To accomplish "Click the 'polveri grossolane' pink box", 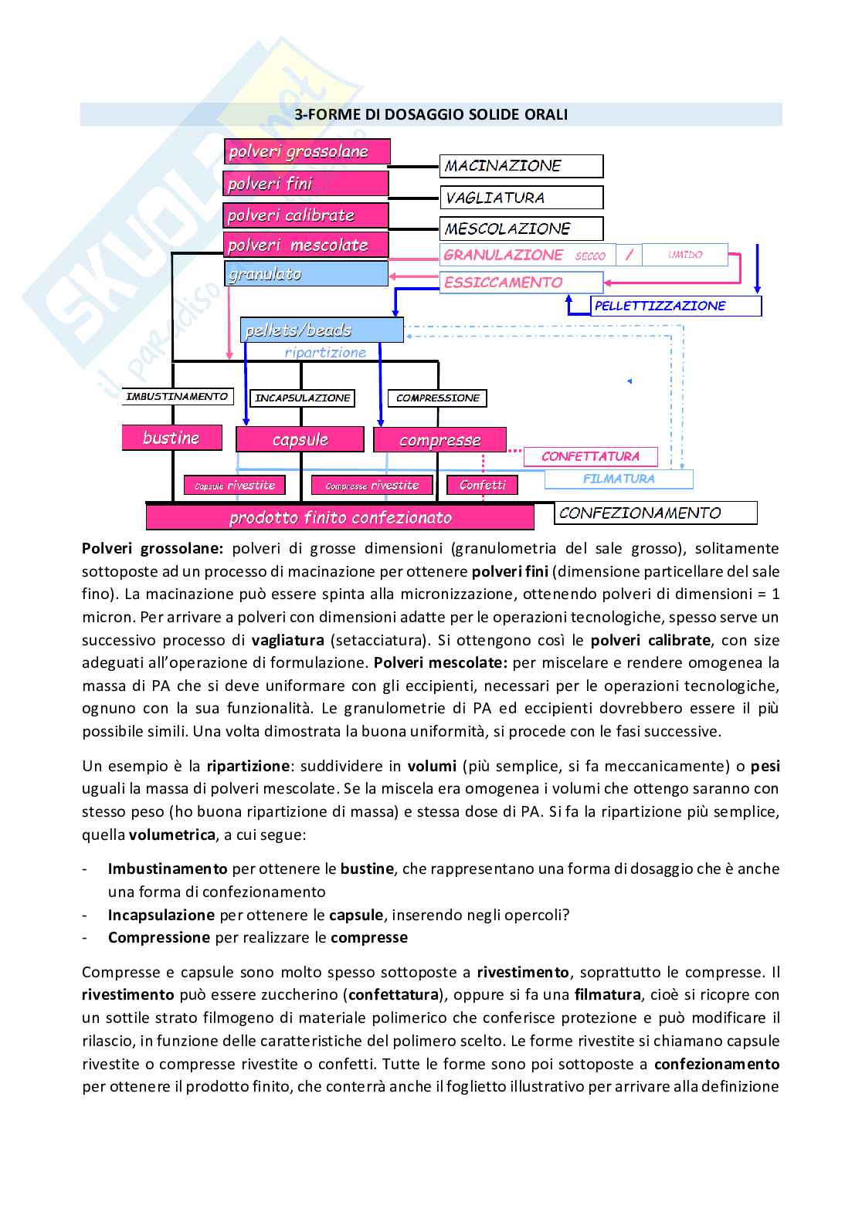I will [x=307, y=151].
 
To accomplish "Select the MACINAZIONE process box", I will [x=521, y=166].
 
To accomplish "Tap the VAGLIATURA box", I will [x=521, y=198].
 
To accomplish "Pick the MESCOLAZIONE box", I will [x=521, y=229].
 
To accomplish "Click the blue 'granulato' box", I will [x=307, y=274].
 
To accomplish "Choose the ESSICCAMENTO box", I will [x=521, y=283].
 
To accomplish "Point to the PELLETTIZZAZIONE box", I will [x=676, y=306].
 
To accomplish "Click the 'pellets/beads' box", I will [x=321, y=330].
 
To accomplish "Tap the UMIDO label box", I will [x=684, y=255].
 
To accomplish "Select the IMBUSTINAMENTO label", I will [x=177, y=396].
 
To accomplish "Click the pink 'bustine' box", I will [x=171, y=438].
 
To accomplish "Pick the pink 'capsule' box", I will [x=300, y=439].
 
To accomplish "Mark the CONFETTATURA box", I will [x=591, y=456].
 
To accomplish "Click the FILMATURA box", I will [x=619, y=479].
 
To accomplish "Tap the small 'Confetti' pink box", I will [x=483, y=485].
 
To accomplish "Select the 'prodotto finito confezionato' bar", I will [x=340, y=517].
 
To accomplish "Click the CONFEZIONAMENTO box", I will [x=656, y=513].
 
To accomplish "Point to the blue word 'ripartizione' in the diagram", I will [x=325, y=352].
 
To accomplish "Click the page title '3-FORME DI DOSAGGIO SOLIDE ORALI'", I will [x=431, y=114].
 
